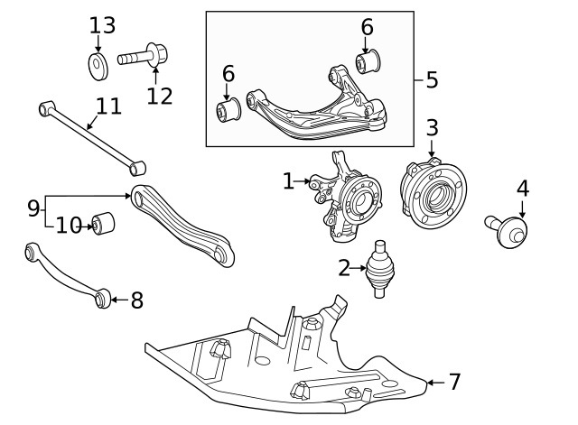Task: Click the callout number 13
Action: click(x=102, y=24)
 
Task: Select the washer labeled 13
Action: click(x=98, y=64)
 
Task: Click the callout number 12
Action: click(x=159, y=95)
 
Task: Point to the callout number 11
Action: click(x=108, y=106)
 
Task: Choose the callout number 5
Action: click(x=431, y=79)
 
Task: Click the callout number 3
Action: click(x=432, y=127)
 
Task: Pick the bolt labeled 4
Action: click(x=508, y=230)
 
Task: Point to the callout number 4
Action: click(x=522, y=189)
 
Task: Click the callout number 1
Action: click(x=288, y=181)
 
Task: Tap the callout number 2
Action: click(x=344, y=267)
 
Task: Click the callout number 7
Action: click(x=454, y=382)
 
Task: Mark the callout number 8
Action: click(x=136, y=300)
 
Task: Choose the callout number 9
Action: click(x=33, y=208)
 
